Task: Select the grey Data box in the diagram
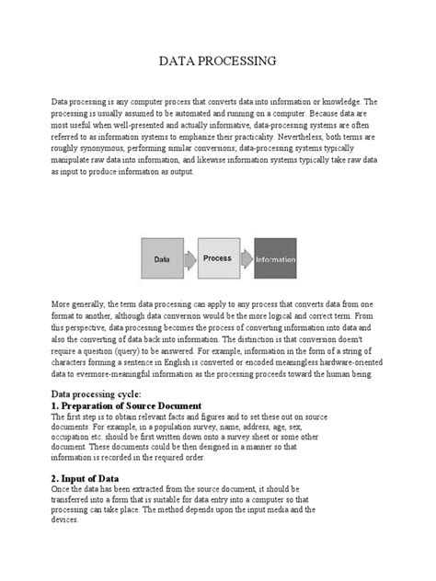(x=161, y=259)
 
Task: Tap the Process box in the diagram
(x=217, y=258)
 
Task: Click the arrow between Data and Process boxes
(x=189, y=259)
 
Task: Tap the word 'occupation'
(x=71, y=440)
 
